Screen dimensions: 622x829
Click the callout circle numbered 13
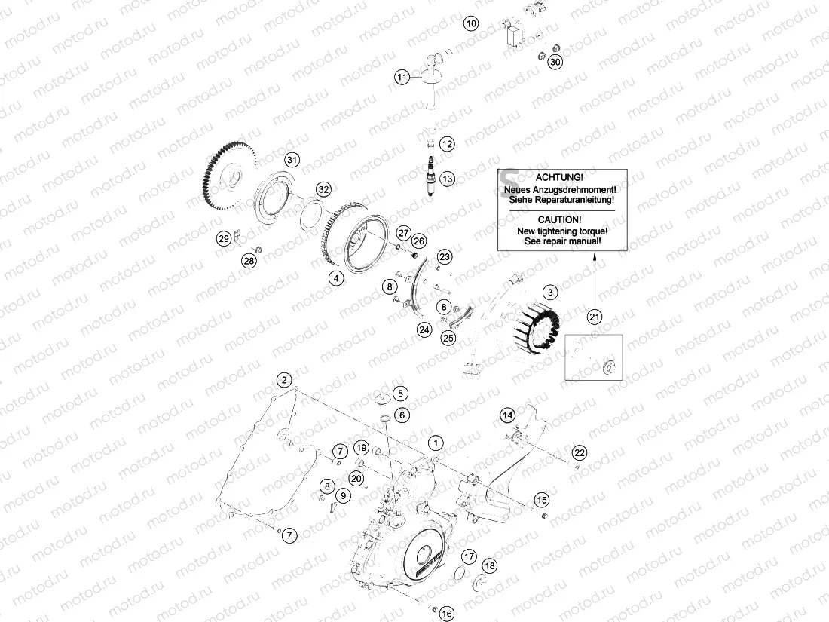(448, 179)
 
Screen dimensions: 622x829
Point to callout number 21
(595, 317)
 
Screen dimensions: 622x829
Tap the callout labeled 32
(323, 189)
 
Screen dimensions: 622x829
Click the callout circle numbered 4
(336, 278)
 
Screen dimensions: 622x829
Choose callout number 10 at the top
(470, 23)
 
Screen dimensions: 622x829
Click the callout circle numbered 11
(403, 77)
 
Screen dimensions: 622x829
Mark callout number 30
(555, 62)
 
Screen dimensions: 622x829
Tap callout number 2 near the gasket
(283, 379)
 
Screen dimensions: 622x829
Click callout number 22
(579, 452)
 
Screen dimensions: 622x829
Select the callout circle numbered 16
(447, 614)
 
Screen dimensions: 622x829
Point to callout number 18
(490, 566)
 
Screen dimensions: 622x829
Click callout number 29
(223, 239)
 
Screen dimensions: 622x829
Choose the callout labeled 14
(508, 415)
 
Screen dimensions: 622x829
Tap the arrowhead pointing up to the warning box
(595, 258)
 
